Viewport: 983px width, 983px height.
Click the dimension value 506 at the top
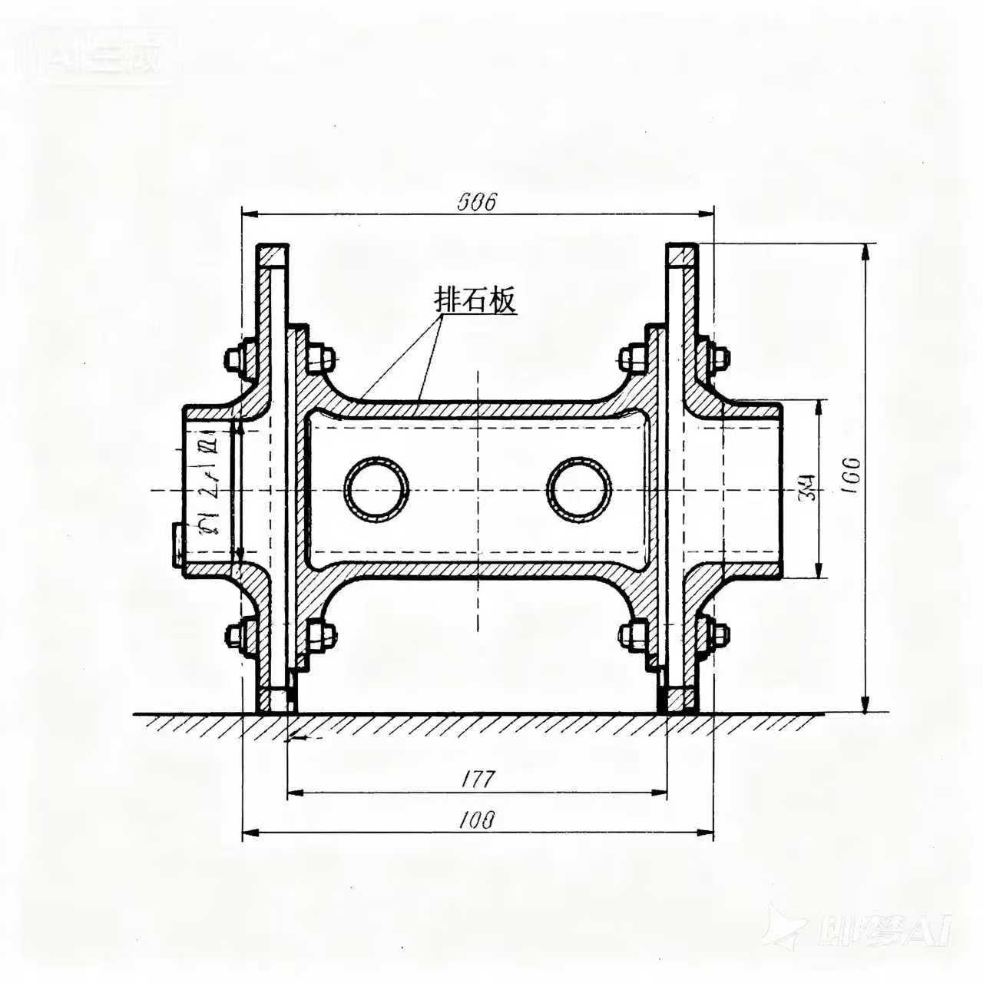click(478, 202)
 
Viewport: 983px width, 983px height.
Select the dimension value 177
click(477, 779)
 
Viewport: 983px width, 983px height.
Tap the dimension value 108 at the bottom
click(476, 820)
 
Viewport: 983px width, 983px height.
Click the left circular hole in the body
click(376, 490)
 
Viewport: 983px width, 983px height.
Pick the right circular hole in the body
click(579, 490)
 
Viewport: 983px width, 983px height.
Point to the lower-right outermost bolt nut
click(720, 634)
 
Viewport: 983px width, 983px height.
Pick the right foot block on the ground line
click(680, 700)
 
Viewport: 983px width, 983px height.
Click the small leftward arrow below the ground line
click(299, 738)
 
